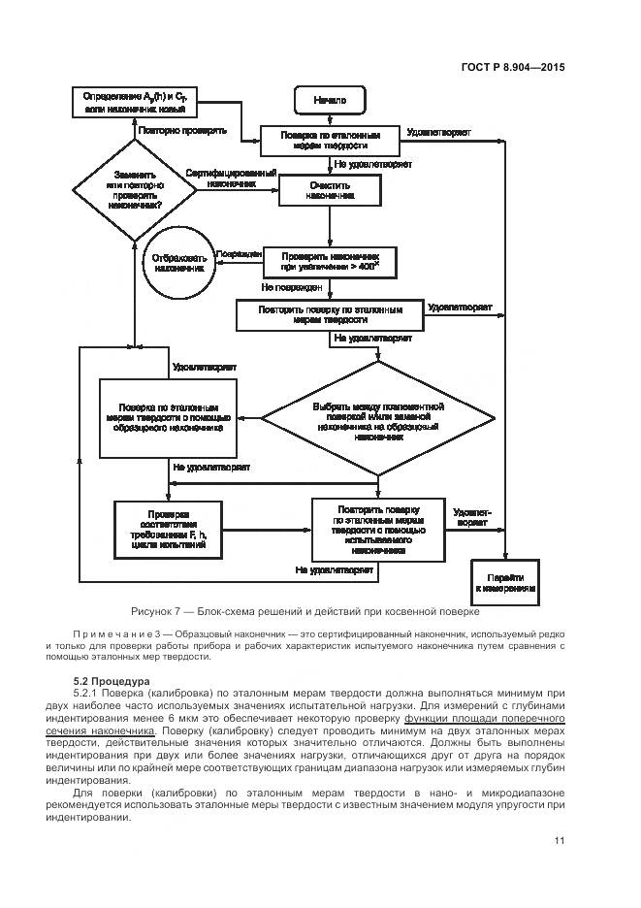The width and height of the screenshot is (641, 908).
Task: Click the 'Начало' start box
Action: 330,100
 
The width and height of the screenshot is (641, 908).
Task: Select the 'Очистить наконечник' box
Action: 330,190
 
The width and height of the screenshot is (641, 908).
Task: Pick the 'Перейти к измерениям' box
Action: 505,582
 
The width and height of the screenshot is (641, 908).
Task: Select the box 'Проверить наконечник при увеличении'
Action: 330,260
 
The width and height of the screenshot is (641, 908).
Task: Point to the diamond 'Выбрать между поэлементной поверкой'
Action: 378,420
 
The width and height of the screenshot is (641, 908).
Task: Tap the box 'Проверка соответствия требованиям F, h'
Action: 162,530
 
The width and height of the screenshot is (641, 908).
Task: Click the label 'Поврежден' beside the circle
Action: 239,253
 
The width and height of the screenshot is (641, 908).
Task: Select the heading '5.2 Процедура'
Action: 111,681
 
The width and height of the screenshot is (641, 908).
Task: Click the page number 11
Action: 560,840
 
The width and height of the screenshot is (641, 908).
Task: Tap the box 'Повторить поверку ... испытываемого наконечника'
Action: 378,529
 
